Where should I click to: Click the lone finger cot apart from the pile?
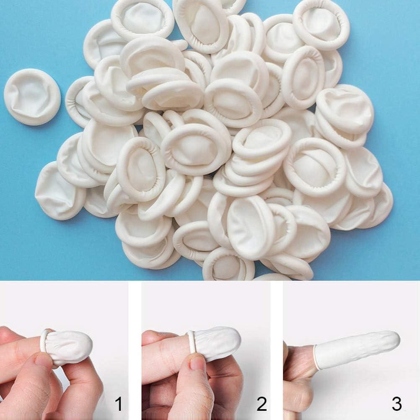(x=32, y=97)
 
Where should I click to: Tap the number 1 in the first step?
(x=119, y=404)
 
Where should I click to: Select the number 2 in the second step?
(x=262, y=404)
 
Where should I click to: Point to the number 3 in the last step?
(x=396, y=404)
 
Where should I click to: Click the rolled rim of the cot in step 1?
(x=44, y=341)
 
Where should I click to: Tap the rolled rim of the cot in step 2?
(x=192, y=342)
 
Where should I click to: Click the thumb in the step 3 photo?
(x=298, y=398)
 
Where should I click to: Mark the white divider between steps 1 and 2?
(x=135, y=350)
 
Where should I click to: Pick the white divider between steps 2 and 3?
(x=276, y=350)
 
